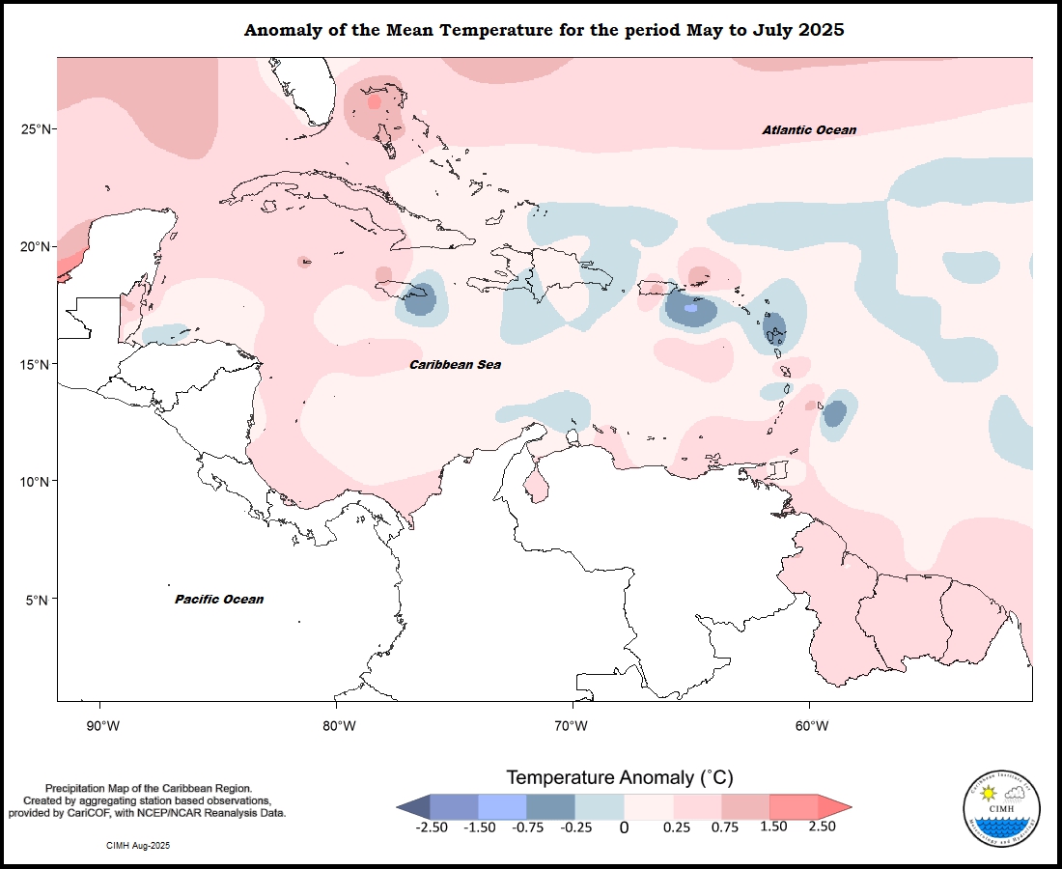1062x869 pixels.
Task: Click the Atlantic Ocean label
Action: (x=808, y=130)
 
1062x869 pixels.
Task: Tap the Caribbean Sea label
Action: (x=455, y=365)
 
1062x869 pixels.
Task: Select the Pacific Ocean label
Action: (x=218, y=600)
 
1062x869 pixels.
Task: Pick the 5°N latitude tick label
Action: (x=40, y=600)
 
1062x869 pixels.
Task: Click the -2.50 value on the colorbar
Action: (x=430, y=827)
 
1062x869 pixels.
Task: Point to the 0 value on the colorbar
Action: (x=624, y=827)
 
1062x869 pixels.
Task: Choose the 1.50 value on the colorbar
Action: (x=772, y=827)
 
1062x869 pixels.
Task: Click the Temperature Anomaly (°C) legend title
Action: (x=621, y=777)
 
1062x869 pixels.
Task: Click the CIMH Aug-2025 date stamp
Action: (x=138, y=846)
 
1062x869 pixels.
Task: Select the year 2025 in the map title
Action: (x=823, y=30)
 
